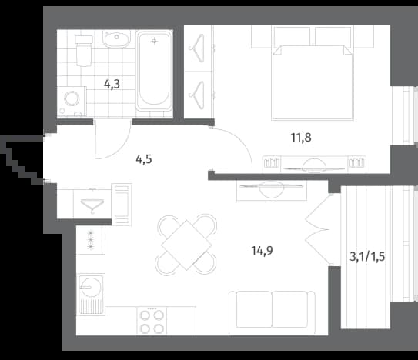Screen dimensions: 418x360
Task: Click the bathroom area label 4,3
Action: click(112, 85)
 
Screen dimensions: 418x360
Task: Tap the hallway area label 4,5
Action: click(144, 159)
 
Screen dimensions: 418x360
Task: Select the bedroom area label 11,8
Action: click(301, 138)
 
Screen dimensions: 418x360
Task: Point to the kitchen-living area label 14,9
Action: click(262, 251)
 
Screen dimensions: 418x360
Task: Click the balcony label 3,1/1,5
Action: click(367, 257)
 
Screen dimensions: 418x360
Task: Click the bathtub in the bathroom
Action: click(154, 71)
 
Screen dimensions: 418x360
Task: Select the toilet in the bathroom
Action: click(84, 51)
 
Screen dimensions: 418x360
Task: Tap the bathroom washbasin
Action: click(116, 39)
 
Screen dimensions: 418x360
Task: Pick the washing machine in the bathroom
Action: click(72, 102)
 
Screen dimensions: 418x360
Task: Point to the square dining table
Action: click(186, 245)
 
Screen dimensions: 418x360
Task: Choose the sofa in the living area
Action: click(272, 312)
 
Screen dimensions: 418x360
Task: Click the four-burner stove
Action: click(152, 321)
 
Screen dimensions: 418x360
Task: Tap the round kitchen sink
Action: click(91, 287)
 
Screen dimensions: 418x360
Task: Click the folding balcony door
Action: click(319, 230)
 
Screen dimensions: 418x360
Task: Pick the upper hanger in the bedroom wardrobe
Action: click(198, 48)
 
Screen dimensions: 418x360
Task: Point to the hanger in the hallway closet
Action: click(92, 205)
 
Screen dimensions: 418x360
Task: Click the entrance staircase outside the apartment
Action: click(22, 159)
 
